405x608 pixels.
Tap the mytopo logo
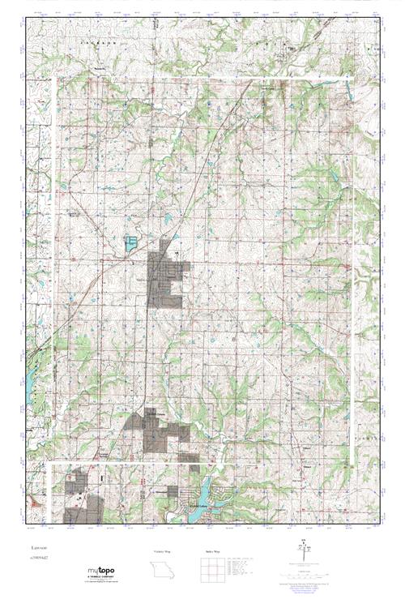click(x=104, y=571)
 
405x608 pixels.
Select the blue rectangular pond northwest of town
click(x=130, y=242)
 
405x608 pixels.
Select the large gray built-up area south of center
click(x=159, y=430)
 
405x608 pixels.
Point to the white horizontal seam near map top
click(x=202, y=79)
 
